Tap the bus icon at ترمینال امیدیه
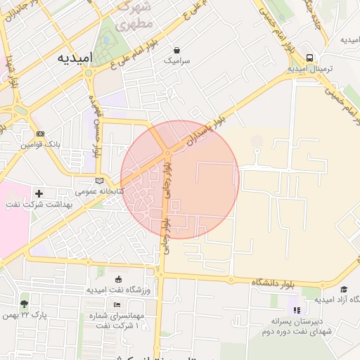pyautogui.click(x=310, y=58)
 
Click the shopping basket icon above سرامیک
pyautogui.click(x=176, y=51)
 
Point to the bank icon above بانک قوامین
pyautogui.click(x=40, y=134)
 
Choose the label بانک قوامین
pyautogui.click(x=41, y=144)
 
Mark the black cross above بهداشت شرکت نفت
pyautogui.click(x=39, y=193)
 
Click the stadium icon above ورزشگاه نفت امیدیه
pyautogui.click(x=117, y=278)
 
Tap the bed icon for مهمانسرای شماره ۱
pyautogui.click(x=117, y=304)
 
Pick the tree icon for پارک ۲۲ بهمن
pyautogui.click(x=25, y=304)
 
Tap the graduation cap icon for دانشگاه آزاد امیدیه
pyautogui.click(x=344, y=289)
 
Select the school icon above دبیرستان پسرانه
pyautogui.click(x=297, y=309)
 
